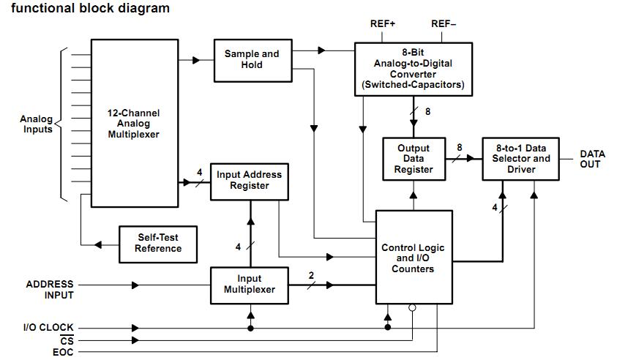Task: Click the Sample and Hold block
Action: [x=253, y=61]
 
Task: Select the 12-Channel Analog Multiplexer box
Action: [x=135, y=123]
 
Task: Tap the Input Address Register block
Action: [x=250, y=181]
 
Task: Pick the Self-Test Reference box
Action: [x=158, y=244]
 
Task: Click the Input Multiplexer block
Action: [x=250, y=285]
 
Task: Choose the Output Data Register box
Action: [x=414, y=159]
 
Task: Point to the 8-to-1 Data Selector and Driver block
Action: [x=520, y=159]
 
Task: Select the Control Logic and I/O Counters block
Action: [x=414, y=258]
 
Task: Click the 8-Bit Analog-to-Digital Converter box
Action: [x=414, y=70]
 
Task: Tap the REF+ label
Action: [x=383, y=24]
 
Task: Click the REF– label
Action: [x=444, y=24]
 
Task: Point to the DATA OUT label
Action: [x=592, y=159]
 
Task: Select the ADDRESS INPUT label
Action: [x=50, y=290]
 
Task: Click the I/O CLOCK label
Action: [x=48, y=327]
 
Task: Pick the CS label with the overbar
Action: [x=67, y=340]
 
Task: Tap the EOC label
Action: [x=63, y=352]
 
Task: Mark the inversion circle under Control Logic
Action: [x=412, y=307]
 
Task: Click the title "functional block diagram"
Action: [x=91, y=8]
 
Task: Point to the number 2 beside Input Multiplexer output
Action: [x=311, y=275]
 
